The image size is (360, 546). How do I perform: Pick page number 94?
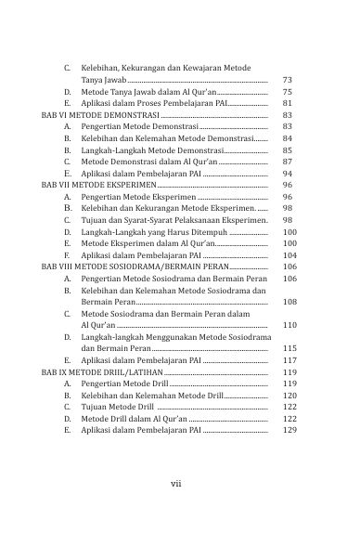click(x=287, y=174)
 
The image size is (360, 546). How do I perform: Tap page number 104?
click(x=289, y=254)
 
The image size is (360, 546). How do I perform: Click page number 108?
click(x=289, y=302)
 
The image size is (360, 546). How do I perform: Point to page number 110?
click(x=289, y=326)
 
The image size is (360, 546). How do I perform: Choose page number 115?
click(x=289, y=348)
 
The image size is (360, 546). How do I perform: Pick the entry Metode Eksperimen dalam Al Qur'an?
click(x=148, y=242)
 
